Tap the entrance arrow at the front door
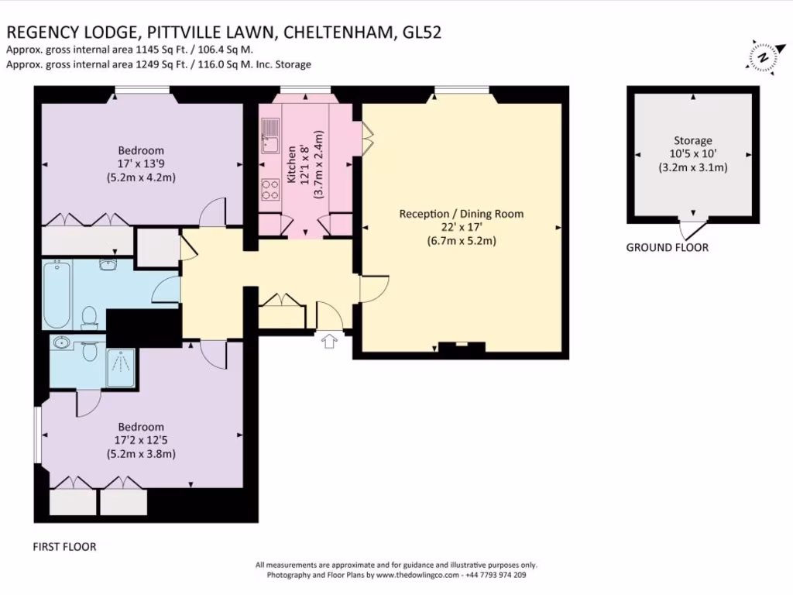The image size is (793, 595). [329, 341]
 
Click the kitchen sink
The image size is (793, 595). [270, 136]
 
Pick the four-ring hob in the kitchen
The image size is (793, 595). [270, 189]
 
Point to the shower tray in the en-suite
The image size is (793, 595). [120, 367]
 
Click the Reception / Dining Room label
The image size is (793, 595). [462, 214]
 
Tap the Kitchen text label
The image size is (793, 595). [291, 165]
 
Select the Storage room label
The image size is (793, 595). [692, 141]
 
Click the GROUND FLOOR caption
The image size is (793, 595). [667, 247]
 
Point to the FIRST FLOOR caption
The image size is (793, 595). [64, 547]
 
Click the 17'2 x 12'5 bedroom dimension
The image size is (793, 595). [141, 440]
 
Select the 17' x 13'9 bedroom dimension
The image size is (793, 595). [141, 164]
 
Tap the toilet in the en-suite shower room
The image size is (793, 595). [90, 350]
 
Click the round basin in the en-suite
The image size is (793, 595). [61, 342]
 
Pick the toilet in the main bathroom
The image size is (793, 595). [90, 317]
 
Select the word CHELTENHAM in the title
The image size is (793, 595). [338, 33]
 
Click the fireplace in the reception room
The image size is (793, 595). [462, 346]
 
